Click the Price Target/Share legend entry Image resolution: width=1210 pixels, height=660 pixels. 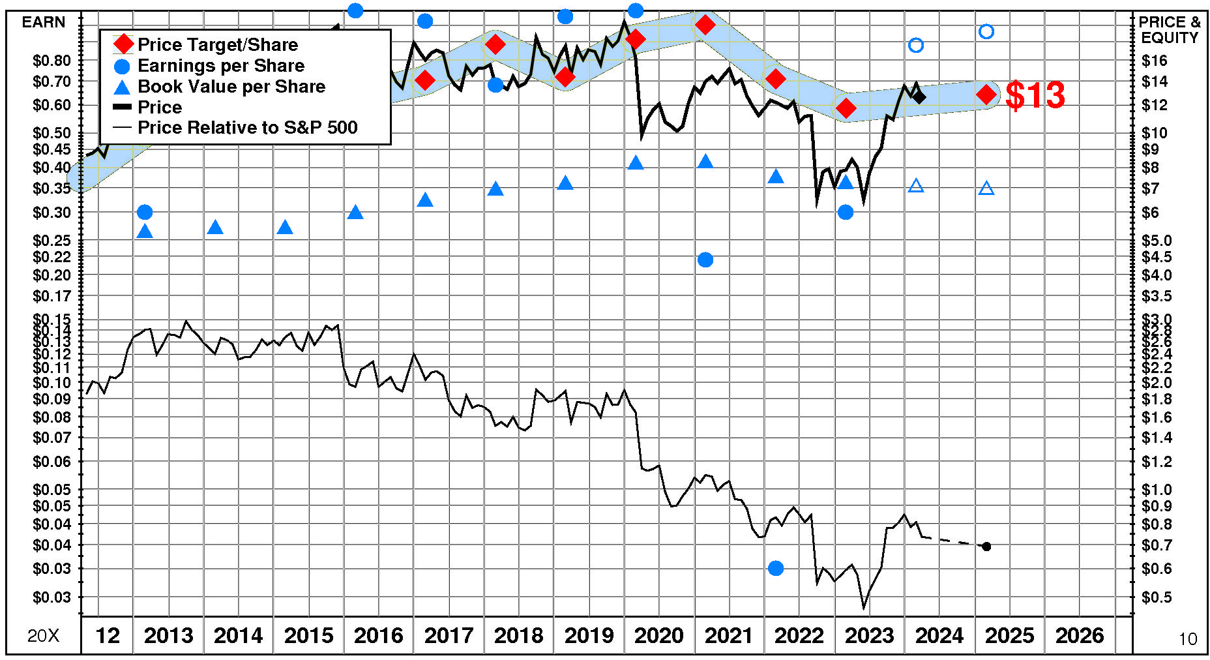pos(217,44)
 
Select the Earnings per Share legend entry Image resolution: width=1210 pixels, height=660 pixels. pos(220,65)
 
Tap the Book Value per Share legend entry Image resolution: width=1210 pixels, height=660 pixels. pos(231,86)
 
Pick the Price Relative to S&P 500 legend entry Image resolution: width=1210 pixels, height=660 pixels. pos(247,127)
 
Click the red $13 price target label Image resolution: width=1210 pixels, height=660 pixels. pos(1035,95)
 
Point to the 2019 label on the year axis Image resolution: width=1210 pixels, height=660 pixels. pos(589,635)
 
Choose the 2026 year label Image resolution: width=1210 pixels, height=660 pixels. pos(1080,635)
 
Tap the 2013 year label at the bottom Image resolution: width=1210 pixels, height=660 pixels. pos(168,635)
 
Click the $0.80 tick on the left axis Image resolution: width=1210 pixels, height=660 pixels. pos(52,61)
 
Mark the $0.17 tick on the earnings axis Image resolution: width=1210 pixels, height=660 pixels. pos(52,296)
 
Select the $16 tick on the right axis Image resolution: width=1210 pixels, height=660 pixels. pos(1154,61)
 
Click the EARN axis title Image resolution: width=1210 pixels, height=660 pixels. pos(44,22)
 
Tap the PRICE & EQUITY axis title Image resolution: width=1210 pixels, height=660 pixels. pos(1169,30)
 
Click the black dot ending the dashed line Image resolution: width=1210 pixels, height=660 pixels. pos(986,547)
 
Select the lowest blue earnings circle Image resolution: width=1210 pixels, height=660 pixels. pos(775,568)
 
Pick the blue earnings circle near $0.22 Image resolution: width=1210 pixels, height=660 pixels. pos(705,260)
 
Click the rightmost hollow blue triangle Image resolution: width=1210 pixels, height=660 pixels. pos(986,188)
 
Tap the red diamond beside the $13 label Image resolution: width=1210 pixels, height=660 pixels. pos(986,95)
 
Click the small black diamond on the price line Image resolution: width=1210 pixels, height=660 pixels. pos(919,97)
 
